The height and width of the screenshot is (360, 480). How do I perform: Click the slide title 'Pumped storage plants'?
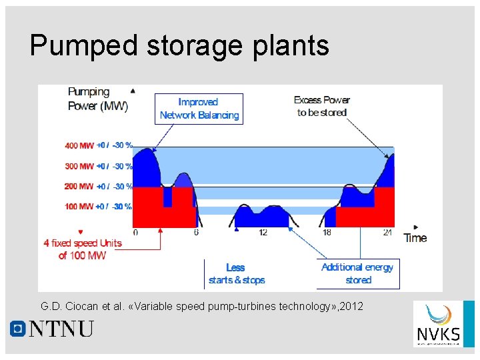click(179, 46)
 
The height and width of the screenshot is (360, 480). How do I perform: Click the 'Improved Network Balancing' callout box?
click(199, 109)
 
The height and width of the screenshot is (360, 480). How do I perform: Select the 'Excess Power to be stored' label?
click(322, 107)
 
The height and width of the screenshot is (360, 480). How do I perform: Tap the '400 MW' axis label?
click(79, 145)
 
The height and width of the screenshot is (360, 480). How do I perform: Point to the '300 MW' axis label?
click(79, 166)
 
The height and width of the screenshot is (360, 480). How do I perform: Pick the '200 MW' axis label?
click(79, 187)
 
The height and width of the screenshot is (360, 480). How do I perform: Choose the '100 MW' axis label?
click(79, 207)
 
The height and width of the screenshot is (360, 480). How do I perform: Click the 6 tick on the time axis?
click(196, 233)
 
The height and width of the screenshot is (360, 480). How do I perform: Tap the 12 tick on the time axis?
click(263, 233)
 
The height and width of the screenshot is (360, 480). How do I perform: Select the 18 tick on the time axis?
click(327, 233)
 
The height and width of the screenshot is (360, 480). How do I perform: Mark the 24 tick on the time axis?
click(387, 233)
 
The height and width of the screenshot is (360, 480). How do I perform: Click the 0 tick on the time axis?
click(135, 233)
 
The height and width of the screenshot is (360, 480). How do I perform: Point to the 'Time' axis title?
click(415, 238)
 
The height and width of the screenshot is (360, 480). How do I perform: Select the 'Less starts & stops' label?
click(236, 274)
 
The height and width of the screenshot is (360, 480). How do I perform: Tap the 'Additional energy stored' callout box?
click(357, 274)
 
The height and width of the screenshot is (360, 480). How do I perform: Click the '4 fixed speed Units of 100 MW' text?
click(83, 249)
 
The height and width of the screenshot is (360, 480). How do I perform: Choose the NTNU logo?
click(52, 329)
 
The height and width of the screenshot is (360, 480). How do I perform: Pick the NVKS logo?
click(437, 324)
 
